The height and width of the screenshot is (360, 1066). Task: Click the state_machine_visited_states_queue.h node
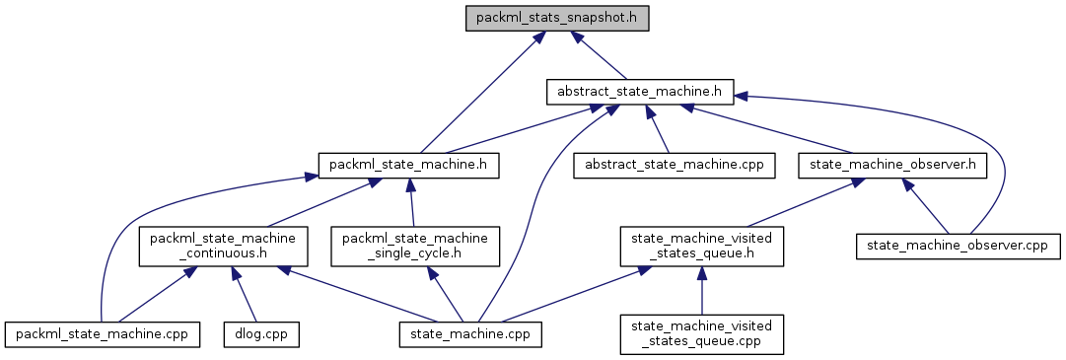pyautogui.click(x=701, y=247)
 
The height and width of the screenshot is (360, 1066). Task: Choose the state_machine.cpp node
pyautogui.click(x=470, y=333)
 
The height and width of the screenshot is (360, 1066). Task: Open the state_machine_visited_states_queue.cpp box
pyautogui.click(x=701, y=333)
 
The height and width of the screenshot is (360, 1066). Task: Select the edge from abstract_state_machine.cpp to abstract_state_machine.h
pyautogui.click(x=661, y=129)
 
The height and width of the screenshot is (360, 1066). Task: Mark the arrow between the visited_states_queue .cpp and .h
pyautogui.click(x=701, y=292)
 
